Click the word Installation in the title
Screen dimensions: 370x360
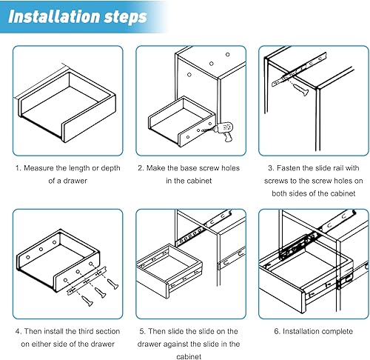[x=54, y=16]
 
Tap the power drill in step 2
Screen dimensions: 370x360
[x=223, y=131]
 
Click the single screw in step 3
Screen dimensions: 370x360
[x=300, y=90]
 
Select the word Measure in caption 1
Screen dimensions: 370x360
[x=38, y=168]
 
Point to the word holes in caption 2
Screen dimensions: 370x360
[x=230, y=168]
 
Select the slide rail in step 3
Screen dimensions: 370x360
[x=299, y=70]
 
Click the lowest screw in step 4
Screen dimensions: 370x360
[x=87, y=301]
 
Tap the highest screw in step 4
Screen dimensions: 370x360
[x=112, y=284]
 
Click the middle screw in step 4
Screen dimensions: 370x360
[x=101, y=293]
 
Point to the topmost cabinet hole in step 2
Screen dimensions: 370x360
[x=228, y=55]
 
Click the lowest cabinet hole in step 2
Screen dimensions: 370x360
[x=189, y=74]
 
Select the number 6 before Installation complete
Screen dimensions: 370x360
[x=277, y=331]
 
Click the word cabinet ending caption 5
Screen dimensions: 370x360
[x=189, y=356]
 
